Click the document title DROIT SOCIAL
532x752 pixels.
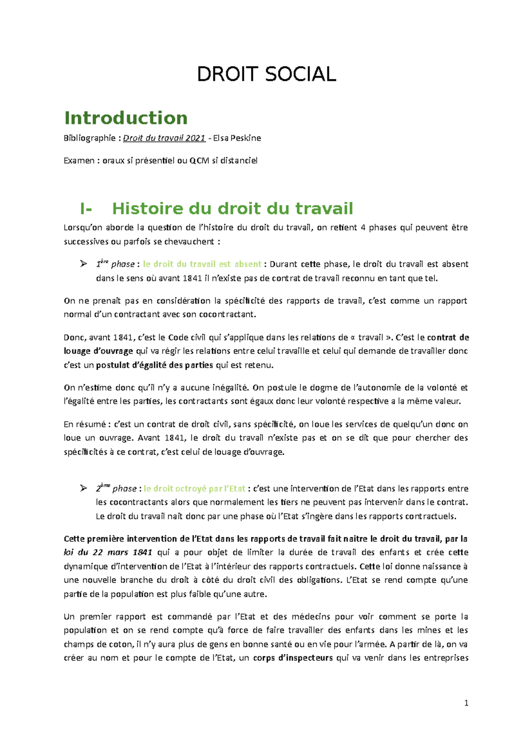click(x=266, y=74)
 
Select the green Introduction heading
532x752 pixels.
click(x=126, y=118)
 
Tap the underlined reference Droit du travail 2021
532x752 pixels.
click(x=164, y=138)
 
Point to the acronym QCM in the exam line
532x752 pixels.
click(x=199, y=161)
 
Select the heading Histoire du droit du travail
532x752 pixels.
click(x=233, y=209)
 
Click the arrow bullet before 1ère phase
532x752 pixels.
click(x=83, y=264)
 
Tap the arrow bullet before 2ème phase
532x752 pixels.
click(x=83, y=488)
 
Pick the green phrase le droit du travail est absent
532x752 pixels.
click(x=202, y=264)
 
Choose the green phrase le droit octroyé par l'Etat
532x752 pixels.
click(x=195, y=488)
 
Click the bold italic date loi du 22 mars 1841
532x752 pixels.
click(x=108, y=552)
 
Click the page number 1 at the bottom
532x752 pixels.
click(x=466, y=703)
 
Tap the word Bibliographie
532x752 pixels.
click(x=90, y=138)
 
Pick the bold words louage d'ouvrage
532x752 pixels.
click(x=98, y=351)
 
